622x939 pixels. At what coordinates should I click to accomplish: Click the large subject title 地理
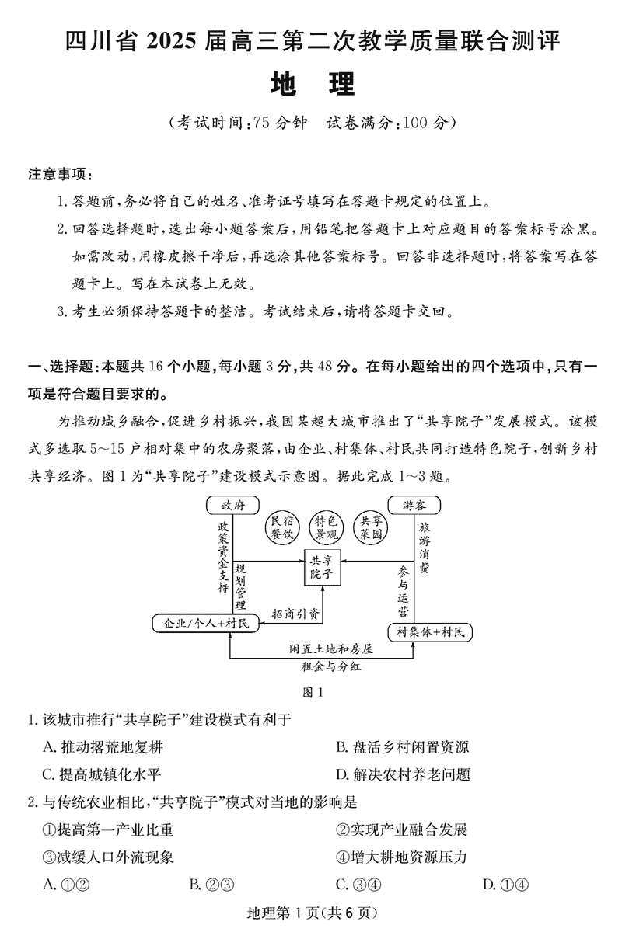312,84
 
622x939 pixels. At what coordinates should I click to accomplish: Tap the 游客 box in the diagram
414,506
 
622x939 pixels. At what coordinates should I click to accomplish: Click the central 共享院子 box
321,566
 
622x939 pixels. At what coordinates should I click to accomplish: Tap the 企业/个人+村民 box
201,623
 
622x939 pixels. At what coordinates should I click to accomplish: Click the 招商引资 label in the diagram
295,613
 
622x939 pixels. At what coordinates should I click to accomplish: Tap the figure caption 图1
311,691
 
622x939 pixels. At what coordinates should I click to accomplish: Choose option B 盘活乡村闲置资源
401,747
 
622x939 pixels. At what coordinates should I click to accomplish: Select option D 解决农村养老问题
402,774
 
